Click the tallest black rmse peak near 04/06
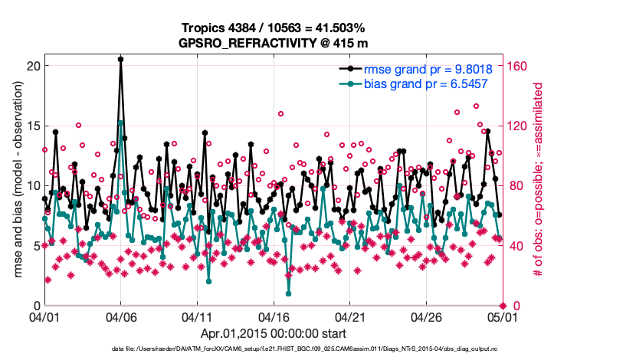(120, 58)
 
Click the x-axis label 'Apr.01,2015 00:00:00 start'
(274, 333)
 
